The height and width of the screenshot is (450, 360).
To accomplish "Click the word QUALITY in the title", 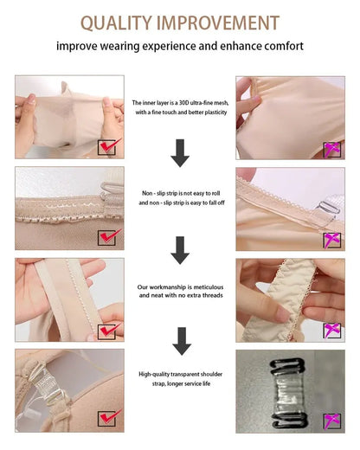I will pyautogui.click(x=115, y=22).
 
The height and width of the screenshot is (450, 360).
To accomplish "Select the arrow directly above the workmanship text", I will pyautogui.click(x=180, y=250).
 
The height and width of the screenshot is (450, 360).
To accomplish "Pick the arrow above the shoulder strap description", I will pyautogui.click(x=180, y=340).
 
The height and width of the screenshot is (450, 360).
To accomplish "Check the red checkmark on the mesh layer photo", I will pyautogui.click(x=108, y=148).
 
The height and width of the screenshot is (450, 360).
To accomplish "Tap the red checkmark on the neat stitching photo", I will pyautogui.click(x=108, y=330).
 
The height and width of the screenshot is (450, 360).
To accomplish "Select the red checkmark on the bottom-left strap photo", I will pyautogui.click(x=108, y=421).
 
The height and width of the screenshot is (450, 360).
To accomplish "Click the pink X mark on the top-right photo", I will pyautogui.click(x=331, y=148).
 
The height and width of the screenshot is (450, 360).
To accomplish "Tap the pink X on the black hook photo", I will pyautogui.click(x=331, y=421).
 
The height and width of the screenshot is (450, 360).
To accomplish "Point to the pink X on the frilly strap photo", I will pyautogui.click(x=331, y=330).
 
